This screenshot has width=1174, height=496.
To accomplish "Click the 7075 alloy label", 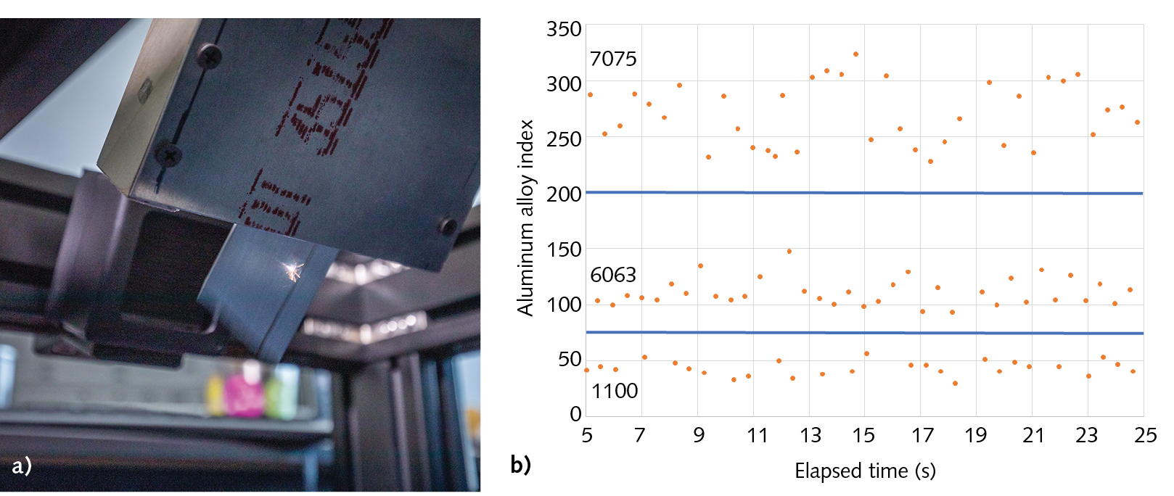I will coord(613,59).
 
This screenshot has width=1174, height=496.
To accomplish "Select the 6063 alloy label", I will coord(613,275).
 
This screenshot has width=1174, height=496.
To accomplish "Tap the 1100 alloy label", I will coord(615,391).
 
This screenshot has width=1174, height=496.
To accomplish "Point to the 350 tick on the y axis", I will coord(564,29).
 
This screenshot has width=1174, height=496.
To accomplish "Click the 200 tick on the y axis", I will coord(564,194).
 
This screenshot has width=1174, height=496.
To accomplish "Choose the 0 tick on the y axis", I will coord(575,414).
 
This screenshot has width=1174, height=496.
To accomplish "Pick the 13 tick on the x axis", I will coord(810,435).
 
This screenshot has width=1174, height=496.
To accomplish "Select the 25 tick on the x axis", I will coord(1145,435).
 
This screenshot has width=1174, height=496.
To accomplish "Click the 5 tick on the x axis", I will coord(586,435).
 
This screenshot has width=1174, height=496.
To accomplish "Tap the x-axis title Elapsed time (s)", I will coord(865,471).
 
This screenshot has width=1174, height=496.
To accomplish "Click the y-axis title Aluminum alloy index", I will coord(525,218).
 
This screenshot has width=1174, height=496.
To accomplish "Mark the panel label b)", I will coord(520,464).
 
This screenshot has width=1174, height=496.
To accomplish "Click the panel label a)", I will coord(22,465).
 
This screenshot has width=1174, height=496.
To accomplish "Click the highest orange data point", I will coord(856,54).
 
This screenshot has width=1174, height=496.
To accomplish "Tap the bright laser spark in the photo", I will coord(293,270).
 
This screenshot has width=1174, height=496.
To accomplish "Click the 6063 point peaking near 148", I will coord(789,252).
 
